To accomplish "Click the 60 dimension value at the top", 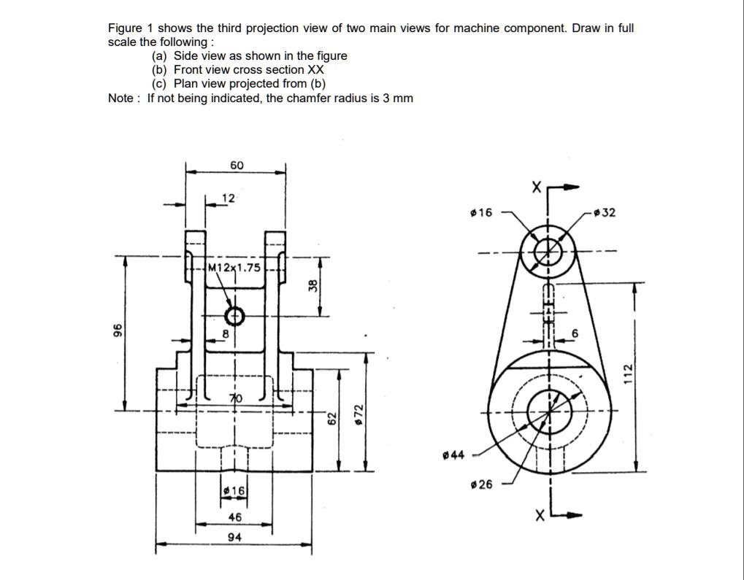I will [x=237, y=166].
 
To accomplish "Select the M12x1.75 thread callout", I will [x=234, y=267].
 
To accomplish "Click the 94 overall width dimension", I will [x=235, y=538].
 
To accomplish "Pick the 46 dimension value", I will [x=234, y=517].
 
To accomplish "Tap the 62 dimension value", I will [x=331, y=418].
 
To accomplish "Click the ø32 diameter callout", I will [x=605, y=213].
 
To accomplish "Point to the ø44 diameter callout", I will [x=453, y=456].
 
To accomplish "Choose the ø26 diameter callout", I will [x=483, y=484].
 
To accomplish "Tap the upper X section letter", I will [x=537, y=188].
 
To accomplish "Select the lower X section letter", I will [x=538, y=517].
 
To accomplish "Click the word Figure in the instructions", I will [x=124, y=28].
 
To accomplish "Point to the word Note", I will [x=121, y=98].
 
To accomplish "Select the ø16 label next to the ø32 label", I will [x=482, y=213].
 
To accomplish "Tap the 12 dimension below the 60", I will [x=229, y=198].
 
